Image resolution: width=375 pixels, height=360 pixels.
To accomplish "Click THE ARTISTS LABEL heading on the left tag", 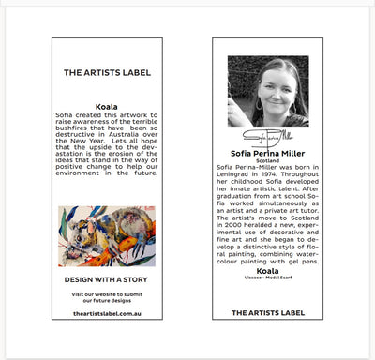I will coord(107,72).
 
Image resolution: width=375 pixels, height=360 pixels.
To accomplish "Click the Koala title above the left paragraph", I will coord(107,106).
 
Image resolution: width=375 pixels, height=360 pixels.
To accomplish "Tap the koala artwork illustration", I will coord(107,235).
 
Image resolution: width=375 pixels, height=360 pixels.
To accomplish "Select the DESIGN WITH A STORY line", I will coord(107,279).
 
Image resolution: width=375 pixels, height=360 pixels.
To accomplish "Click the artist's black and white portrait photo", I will coord(268,91).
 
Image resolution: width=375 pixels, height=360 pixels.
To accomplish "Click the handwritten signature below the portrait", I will coord(267,138).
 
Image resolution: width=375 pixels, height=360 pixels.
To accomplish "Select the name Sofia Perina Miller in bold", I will coord(267,153).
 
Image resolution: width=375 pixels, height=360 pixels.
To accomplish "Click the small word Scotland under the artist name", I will coord(267,160).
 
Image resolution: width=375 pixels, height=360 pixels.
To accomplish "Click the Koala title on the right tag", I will coord(267,270).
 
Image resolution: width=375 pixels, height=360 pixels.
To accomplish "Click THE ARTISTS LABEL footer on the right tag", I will coord(267,312).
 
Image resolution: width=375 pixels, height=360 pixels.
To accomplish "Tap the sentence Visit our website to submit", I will coord(107,294).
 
